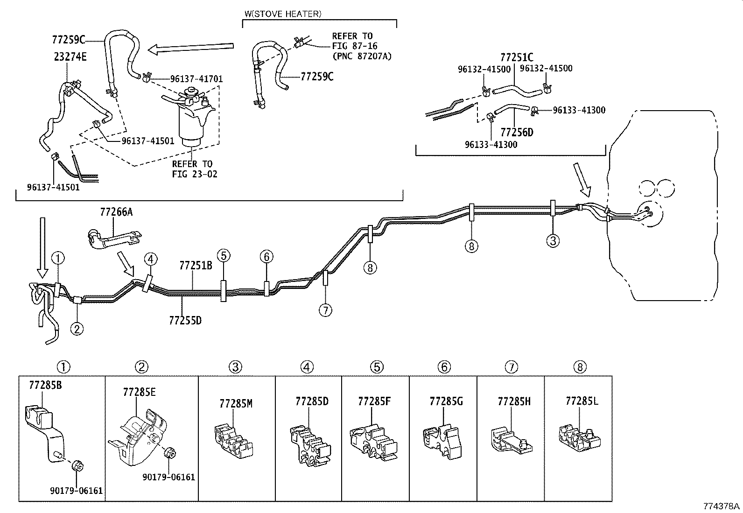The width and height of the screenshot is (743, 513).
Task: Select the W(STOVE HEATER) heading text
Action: (x=283, y=14)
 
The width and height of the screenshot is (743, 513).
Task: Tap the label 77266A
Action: (x=116, y=212)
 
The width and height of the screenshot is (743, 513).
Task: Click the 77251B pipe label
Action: (x=196, y=266)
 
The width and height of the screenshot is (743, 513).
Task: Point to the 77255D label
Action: (x=185, y=320)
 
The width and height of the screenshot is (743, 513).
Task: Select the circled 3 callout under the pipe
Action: (x=553, y=240)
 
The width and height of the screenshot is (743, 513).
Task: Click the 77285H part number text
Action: (x=514, y=401)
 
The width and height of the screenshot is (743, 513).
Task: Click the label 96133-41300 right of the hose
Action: (x=579, y=110)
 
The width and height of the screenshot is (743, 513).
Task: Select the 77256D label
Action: (x=517, y=132)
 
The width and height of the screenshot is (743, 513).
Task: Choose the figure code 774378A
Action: (x=722, y=506)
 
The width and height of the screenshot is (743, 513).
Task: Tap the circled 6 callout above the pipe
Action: (x=266, y=256)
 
